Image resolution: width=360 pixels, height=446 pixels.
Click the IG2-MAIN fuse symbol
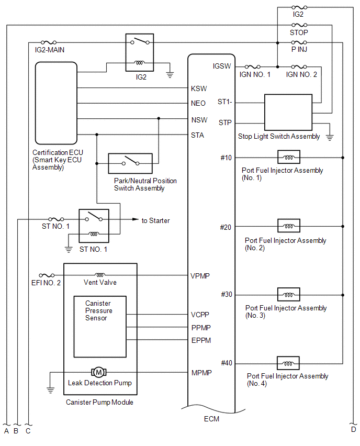49,43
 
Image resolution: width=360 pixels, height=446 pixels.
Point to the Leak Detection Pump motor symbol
99,372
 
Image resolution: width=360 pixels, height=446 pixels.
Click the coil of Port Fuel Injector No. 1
289,157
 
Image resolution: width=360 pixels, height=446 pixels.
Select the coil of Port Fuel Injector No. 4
288,363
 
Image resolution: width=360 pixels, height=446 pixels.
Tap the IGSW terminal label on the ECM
222,66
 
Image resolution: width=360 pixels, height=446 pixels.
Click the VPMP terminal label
200,276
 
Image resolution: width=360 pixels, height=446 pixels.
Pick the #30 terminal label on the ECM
227,294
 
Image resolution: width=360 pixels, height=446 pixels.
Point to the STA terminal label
197,135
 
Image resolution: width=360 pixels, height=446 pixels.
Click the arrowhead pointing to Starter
136,219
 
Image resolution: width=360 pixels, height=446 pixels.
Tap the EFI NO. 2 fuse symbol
47,275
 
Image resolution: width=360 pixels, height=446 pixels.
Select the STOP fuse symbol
299,25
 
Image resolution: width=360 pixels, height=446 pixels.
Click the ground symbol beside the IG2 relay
170,75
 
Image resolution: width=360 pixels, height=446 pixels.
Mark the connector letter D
354,429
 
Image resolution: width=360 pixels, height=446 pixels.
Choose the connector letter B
16,431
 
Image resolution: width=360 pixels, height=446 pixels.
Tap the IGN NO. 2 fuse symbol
299,67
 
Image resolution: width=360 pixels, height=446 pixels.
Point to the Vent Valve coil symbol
100,275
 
